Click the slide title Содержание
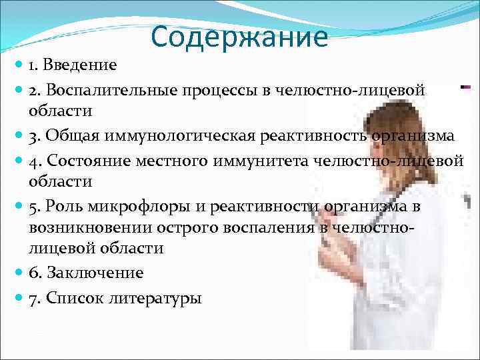click(239, 37)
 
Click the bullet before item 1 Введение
click(17, 65)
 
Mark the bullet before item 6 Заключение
click(17, 273)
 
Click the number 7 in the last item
click(33, 298)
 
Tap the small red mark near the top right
click(464, 87)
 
